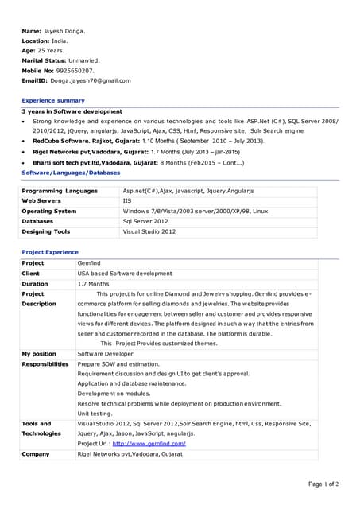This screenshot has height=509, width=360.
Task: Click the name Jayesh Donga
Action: click(64, 31)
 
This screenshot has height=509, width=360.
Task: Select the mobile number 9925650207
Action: click(77, 71)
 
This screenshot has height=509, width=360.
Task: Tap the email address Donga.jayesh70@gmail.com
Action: click(91, 80)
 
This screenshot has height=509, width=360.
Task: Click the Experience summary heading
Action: click(53, 101)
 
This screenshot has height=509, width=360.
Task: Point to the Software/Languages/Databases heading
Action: click(71, 172)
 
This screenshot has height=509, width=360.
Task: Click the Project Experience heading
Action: click(50, 252)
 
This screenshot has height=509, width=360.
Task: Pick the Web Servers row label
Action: click(41, 201)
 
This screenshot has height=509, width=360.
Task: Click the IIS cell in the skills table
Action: click(127, 201)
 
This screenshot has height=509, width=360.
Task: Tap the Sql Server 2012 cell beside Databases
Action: click(145, 221)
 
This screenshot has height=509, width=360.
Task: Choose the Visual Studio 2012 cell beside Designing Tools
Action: click(149, 231)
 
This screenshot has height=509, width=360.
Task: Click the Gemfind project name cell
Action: click(89, 263)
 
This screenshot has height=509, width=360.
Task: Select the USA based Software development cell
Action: click(124, 274)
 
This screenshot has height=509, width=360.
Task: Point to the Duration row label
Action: click(35, 284)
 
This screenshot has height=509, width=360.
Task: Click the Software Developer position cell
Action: click(106, 354)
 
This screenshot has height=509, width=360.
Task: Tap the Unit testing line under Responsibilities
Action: click(95, 414)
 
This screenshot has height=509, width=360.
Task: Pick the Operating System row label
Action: click(49, 212)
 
